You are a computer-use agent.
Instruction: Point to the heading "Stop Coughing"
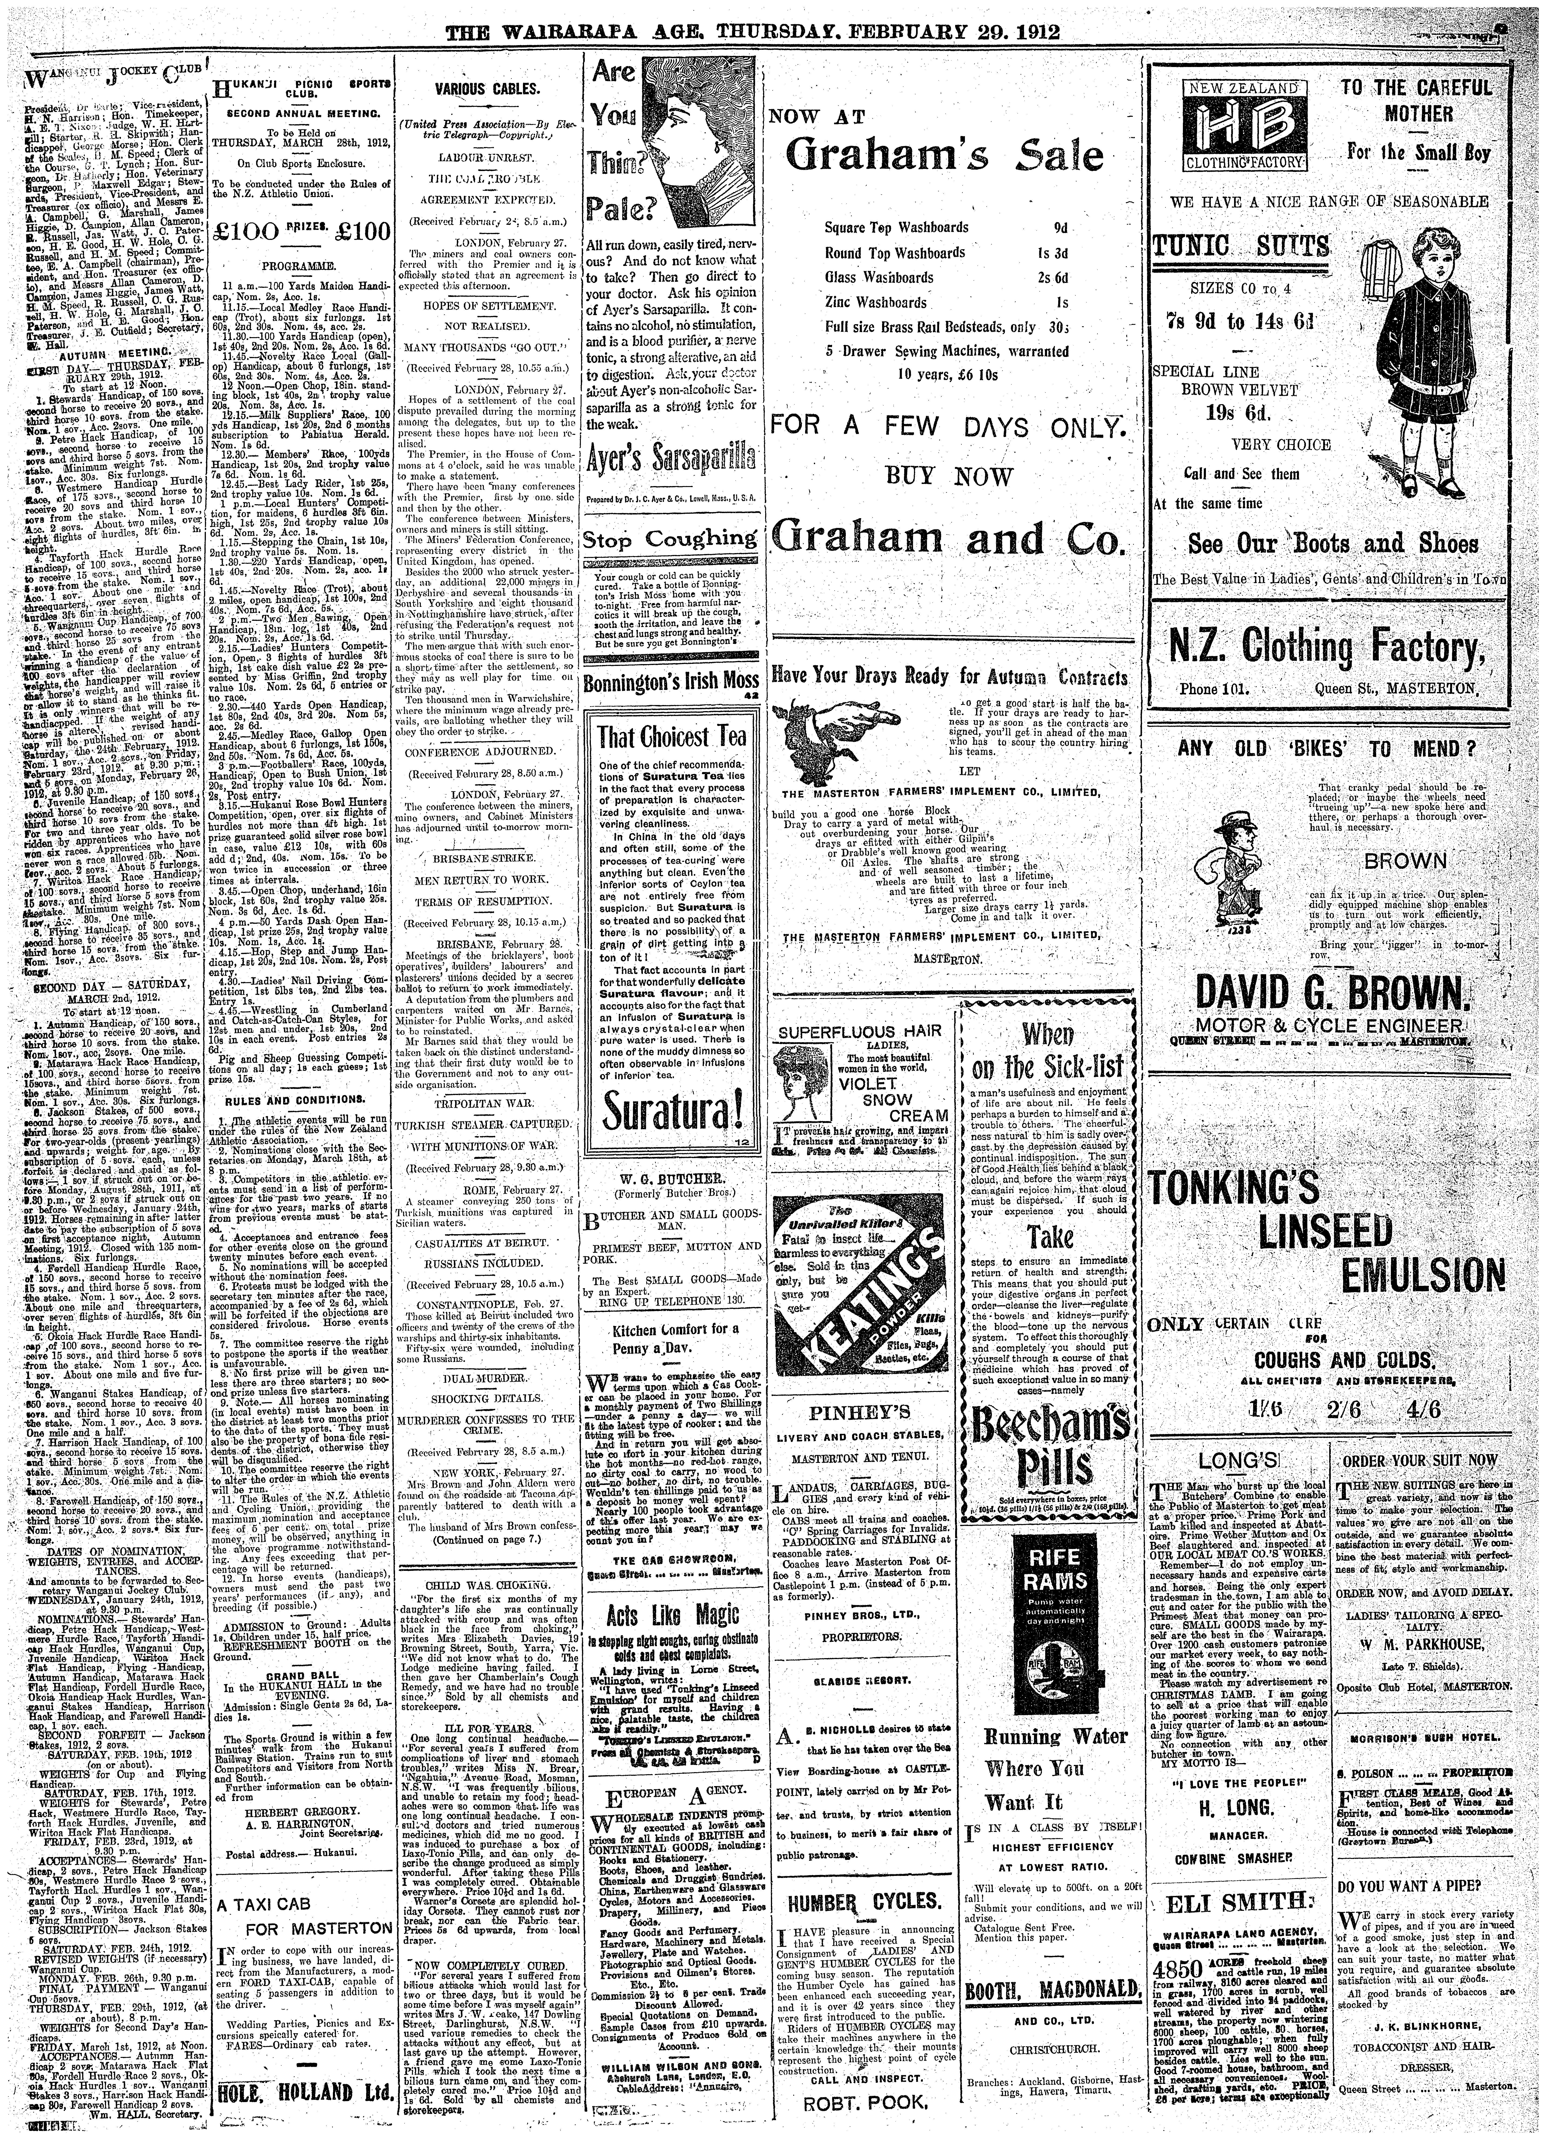point(671,539)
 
